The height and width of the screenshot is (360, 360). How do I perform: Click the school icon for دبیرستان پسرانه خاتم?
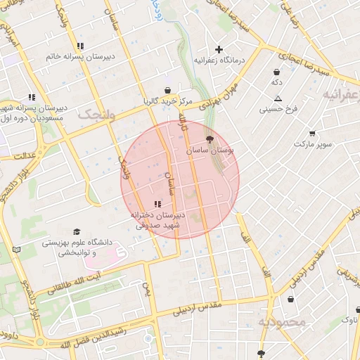(x=81, y=46)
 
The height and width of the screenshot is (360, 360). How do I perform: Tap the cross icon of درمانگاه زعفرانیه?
(x=219, y=49)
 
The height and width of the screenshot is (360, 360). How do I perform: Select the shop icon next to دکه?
(x=277, y=72)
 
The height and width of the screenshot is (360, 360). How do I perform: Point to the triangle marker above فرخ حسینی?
(x=278, y=98)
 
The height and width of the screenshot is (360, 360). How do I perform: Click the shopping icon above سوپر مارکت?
(x=312, y=133)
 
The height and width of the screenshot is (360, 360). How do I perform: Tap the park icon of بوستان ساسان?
(x=210, y=140)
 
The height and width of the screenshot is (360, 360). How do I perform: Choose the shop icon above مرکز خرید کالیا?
(x=167, y=90)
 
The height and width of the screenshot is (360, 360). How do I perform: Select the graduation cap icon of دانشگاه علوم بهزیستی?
(x=77, y=231)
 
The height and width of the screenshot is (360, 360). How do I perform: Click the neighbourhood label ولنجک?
(x=96, y=114)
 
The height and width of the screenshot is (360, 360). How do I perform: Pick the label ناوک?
(x=349, y=321)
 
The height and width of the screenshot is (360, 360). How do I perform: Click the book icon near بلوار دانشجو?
(x=17, y=250)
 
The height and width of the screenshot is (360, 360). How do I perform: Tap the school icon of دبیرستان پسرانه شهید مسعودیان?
(x=32, y=97)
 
